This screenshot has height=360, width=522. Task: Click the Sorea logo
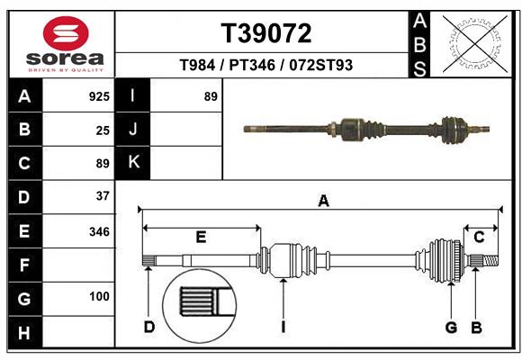point(66,43)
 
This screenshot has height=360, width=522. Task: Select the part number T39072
point(266,34)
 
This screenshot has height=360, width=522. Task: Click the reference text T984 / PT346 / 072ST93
point(266,66)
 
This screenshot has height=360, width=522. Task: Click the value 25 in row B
point(103,130)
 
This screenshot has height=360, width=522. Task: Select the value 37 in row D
point(103,195)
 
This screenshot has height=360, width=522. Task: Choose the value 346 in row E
point(99,231)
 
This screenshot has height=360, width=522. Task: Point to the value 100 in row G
point(99,296)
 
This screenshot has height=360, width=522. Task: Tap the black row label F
point(23,265)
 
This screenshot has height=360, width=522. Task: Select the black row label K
point(133,163)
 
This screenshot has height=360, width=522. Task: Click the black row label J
point(133,130)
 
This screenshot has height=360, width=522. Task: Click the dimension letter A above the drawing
point(323,201)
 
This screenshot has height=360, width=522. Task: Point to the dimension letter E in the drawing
point(201,237)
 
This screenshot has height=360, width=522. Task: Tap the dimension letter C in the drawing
point(480,237)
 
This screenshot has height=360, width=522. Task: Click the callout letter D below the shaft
point(149,327)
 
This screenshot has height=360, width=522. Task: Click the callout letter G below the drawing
point(452,327)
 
